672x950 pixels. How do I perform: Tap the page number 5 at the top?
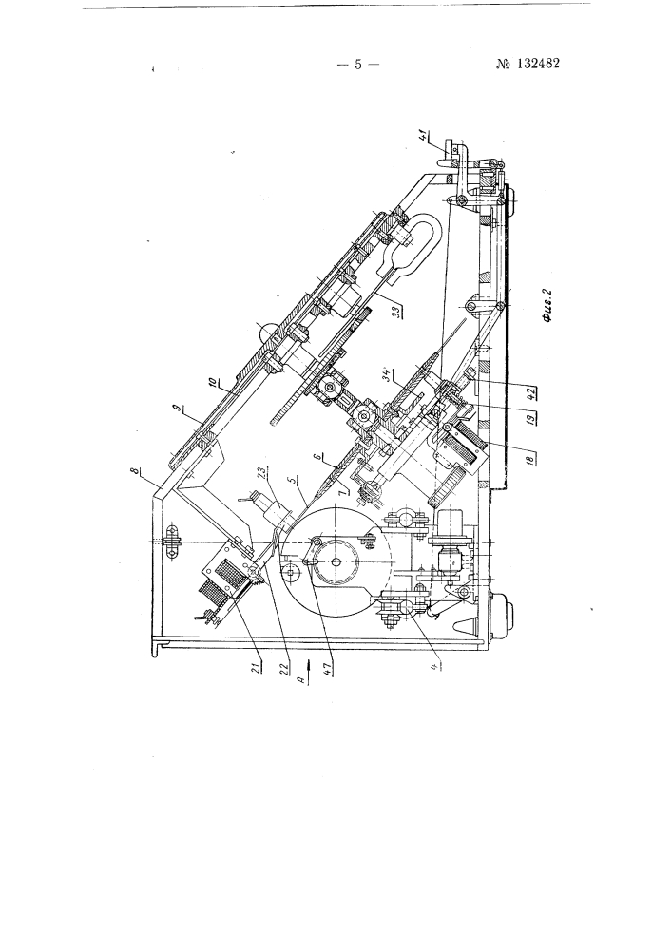(358, 64)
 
